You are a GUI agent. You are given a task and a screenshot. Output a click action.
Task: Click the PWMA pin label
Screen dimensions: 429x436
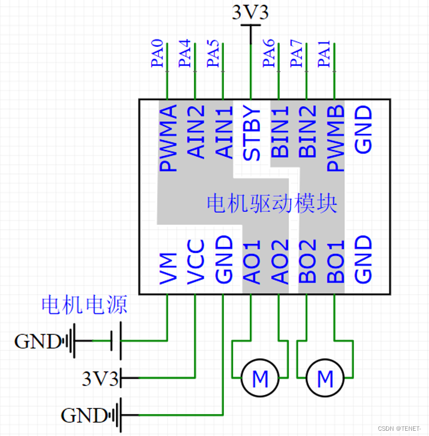coord(168,138)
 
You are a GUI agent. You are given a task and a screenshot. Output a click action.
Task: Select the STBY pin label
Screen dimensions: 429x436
coord(251,133)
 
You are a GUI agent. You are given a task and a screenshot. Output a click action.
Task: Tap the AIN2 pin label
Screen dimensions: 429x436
coord(196,132)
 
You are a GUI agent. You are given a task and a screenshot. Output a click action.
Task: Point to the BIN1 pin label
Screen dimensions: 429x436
coord(280,132)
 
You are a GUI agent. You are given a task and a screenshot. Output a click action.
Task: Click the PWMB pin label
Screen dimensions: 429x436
coord(335,138)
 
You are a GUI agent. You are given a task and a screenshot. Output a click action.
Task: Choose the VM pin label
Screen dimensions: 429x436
coord(168,269)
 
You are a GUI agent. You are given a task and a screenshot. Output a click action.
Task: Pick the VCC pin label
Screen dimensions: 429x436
coord(196,262)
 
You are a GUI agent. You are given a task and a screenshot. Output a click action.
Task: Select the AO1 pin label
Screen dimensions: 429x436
coord(251,262)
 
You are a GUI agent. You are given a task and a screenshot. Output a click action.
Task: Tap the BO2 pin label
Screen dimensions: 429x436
coord(307,261)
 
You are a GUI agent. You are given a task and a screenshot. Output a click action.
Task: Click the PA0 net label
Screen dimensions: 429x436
coord(157,53)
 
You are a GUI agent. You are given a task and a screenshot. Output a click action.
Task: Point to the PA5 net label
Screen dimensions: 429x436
coord(213,53)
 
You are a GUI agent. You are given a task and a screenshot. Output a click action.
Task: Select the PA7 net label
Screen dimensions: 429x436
coord(296,53)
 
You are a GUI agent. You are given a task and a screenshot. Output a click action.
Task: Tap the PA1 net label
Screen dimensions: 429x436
coord(324,54)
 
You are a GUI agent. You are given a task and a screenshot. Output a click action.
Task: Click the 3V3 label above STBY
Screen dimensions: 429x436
coord(250,13)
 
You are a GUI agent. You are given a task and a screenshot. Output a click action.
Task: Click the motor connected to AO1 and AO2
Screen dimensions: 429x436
coord(260,378)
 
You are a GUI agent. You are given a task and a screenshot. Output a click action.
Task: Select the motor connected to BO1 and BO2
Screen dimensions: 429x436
coord(325,378)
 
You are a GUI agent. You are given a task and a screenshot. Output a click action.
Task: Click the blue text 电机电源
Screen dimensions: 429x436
coord(85,305)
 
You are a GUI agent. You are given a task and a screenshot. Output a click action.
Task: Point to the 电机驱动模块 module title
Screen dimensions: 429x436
coord(272,203)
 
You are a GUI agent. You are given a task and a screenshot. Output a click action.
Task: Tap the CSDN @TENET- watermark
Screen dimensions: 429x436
coord(399,429)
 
